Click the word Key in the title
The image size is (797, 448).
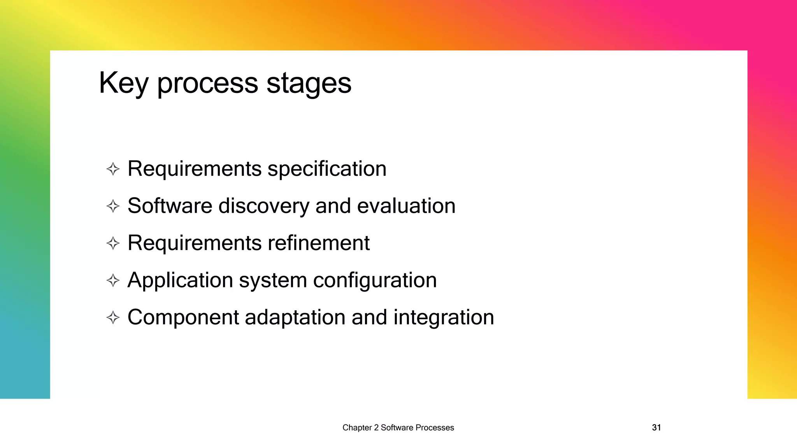point(123,83)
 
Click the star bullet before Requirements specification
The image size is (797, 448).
point(113,169)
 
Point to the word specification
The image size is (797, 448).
point(327,169)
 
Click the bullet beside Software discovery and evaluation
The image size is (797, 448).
point(113,206)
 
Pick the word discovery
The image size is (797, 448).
point(263,206)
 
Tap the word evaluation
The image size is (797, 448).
point(406,206)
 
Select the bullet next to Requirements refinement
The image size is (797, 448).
point(113,243)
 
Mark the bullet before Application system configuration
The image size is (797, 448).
point(113,280)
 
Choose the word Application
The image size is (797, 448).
point(180,280)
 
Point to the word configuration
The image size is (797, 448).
point(375,280)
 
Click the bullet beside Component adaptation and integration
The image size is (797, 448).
point(113,318)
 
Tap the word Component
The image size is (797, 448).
point(183,318)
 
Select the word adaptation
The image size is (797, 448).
point(295,318)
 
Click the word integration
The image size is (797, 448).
point(444,318)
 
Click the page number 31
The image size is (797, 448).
point(656,428)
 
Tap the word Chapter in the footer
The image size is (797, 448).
point(357,428)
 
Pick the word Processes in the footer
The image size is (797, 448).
point(435,428)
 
